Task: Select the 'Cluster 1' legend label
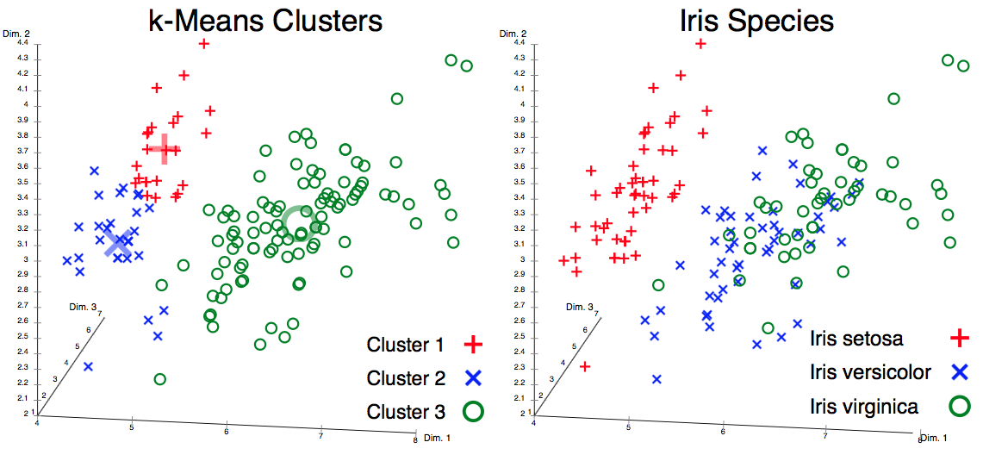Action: (405, 346)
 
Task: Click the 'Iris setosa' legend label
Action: (856, 339)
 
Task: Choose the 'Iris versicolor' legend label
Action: (871, 372)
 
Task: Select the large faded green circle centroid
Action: (300, 222)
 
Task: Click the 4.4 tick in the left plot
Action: (23, 42)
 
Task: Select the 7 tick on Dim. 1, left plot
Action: (321, 434)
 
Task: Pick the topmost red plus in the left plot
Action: (204, 43)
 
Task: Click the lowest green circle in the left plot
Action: (159, 379)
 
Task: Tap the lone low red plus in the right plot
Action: (585, 367)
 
